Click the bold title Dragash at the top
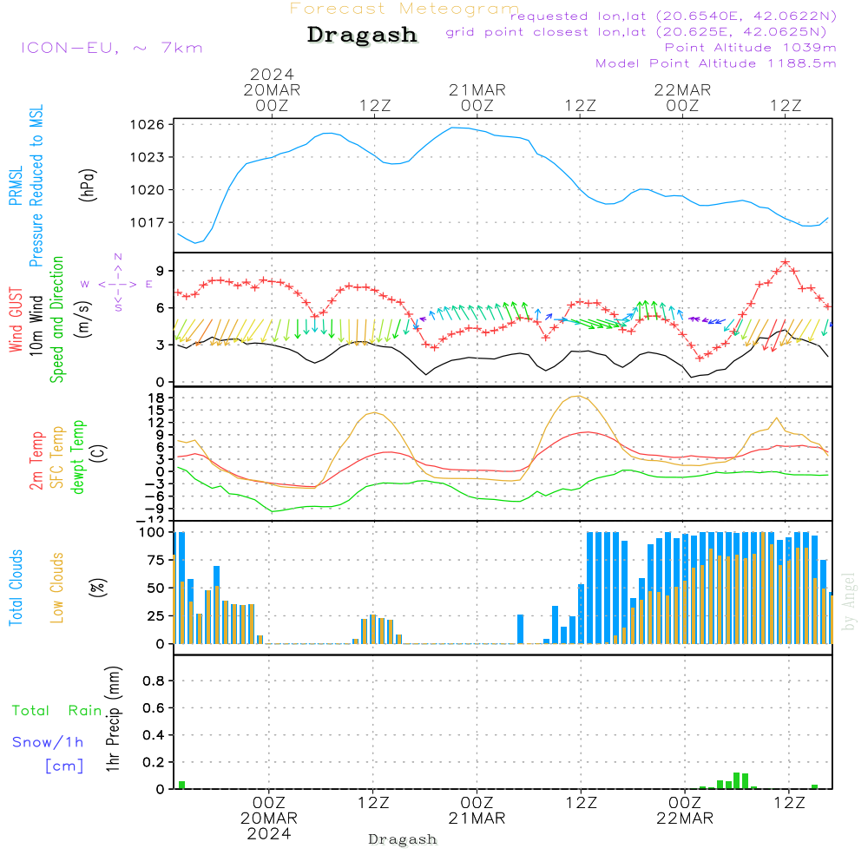pyautogui.click(x=362, y=36)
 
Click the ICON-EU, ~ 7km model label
pyautogui.click(x=111, y=48)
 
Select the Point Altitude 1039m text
pyautogui.click(x=750, y=48)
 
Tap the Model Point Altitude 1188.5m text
pyautogui.click(x=715, y=63)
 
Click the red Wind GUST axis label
pyautogui.click(x=16, y=321)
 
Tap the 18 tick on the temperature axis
pyautogui.click(x=157, y=398)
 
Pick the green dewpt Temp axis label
pyautogui.click(x=79, y=457)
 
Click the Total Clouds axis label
pyautogui.click(x=16, y=588)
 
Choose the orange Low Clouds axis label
pyautogui.click(x=58, y=588)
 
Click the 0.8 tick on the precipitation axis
pyautogui.click(x=154, y=681)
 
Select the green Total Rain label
pyautogui.click(x=56, y=711)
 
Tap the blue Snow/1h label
pyautogui.click(x=48, y=742)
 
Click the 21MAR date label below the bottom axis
pyautogui.click(x=477, y=819)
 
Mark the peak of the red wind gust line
pyautogui.click(x=786, y=261)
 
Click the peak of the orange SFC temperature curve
pyautogui.click(x=578, y=396)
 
